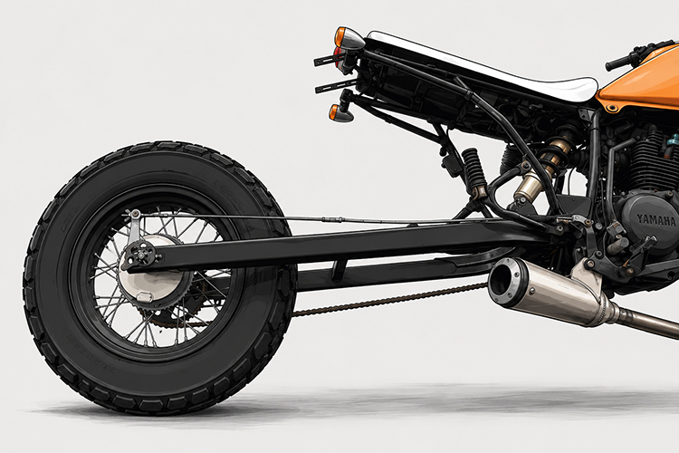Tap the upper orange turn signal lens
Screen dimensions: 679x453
[x=340, y=37]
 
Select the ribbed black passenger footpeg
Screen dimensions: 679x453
[x=473, y=170]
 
